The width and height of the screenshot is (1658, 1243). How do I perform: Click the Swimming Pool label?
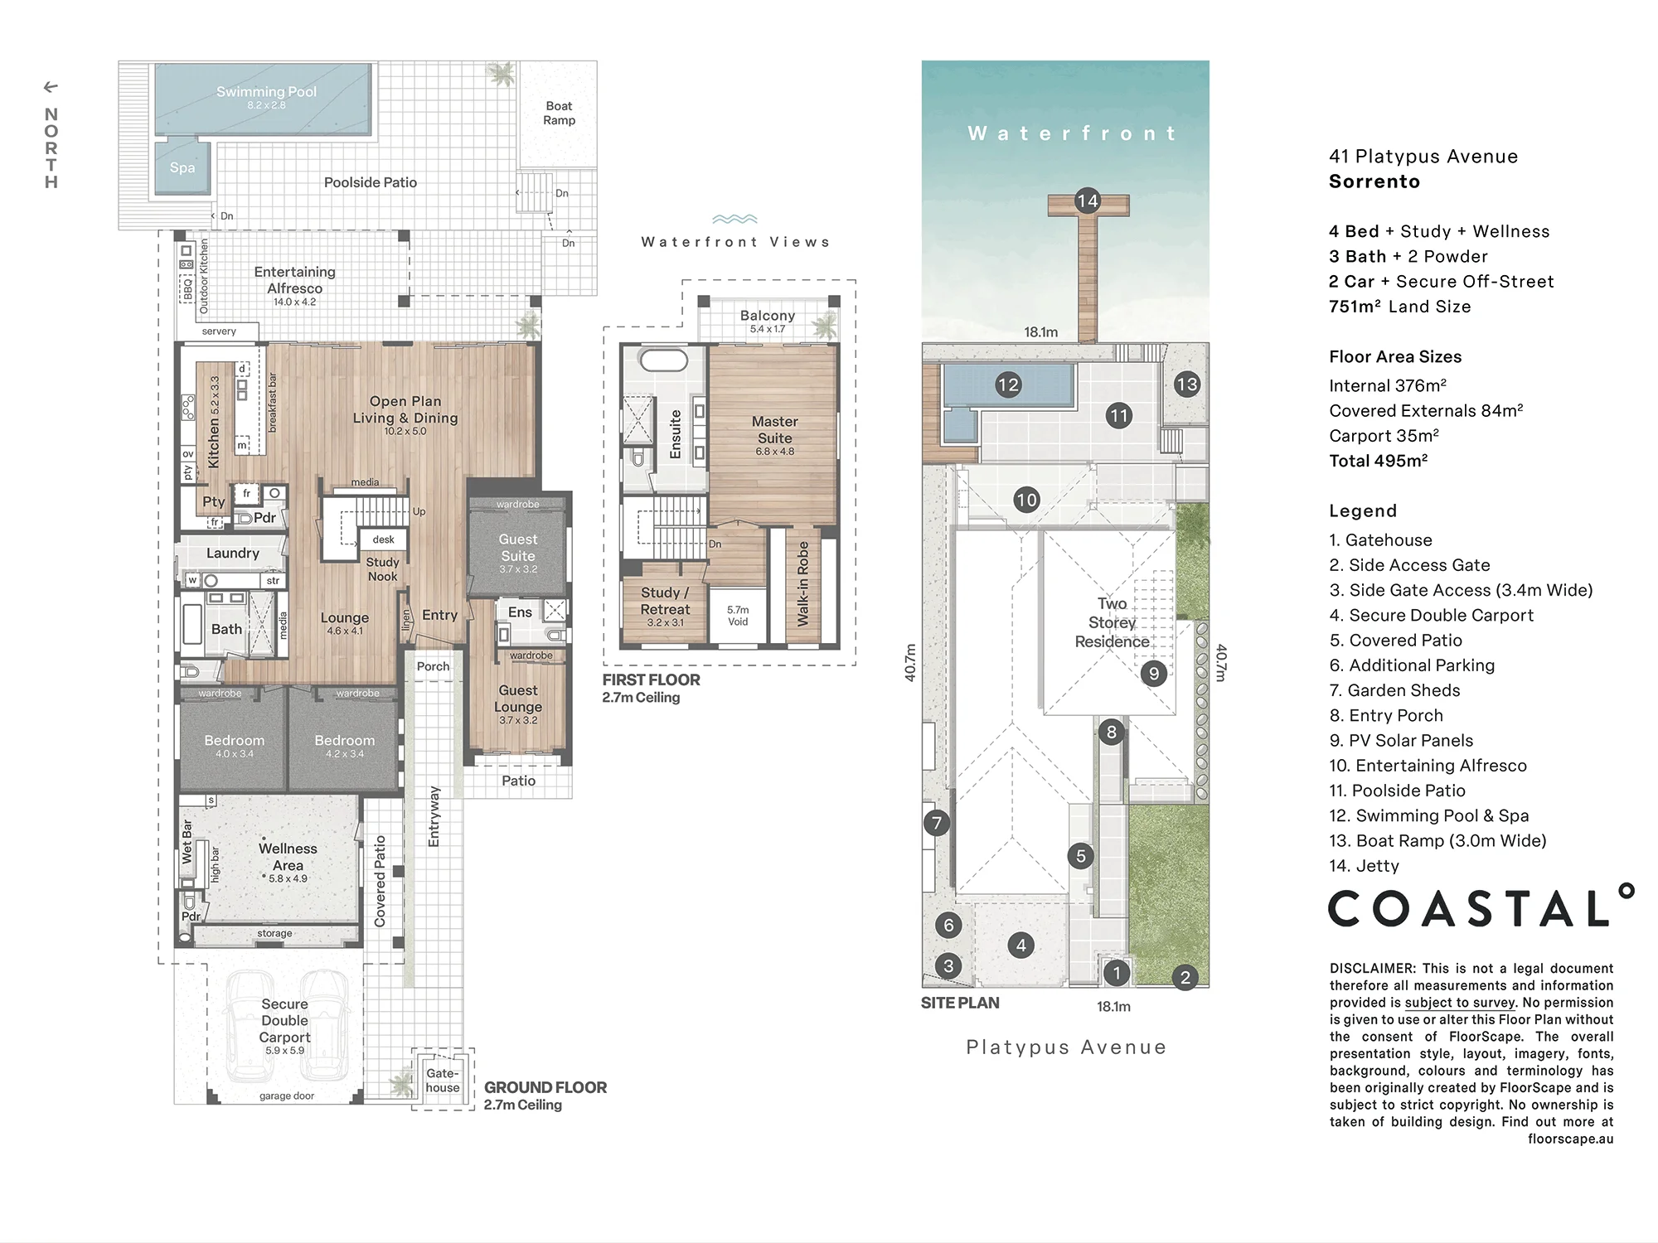266,92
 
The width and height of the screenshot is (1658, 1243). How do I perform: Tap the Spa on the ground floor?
182,167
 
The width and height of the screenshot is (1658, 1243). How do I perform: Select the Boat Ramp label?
559,113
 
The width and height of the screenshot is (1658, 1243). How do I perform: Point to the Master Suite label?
775,430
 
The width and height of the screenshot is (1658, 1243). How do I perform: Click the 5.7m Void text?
738,616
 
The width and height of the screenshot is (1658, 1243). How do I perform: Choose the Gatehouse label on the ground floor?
443,1081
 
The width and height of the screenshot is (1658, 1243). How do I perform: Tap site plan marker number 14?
1087,201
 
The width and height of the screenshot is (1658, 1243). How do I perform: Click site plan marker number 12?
1008,385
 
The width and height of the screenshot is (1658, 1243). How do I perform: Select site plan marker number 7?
937,823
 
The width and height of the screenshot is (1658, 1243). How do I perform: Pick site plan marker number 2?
1185,978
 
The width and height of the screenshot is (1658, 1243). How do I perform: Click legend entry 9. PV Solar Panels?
1401,741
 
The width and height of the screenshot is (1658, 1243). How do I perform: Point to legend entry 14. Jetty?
1364,866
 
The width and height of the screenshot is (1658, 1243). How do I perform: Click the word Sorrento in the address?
1374,181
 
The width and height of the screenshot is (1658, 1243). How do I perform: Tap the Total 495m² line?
1378,461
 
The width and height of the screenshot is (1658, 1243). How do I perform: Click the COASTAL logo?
1481,906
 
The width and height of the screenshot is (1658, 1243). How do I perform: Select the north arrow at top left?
51,87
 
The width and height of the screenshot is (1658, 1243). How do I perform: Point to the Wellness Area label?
288,857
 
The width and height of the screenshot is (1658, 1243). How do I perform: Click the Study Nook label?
382,569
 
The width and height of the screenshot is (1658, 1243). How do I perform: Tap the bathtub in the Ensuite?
663,360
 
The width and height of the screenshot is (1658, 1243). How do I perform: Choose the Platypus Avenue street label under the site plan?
1066,1047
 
